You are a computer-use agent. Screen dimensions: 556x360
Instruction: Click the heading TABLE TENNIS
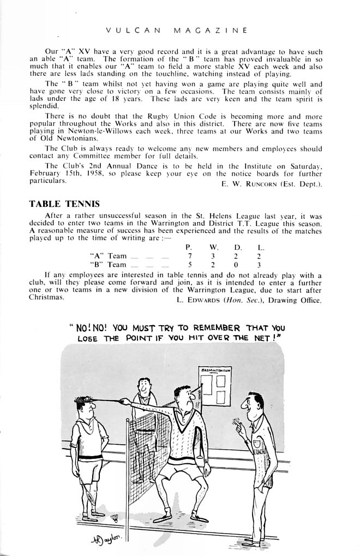64,204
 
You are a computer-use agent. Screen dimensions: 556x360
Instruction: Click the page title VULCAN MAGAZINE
176,30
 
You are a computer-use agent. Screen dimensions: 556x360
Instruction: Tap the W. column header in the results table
214,247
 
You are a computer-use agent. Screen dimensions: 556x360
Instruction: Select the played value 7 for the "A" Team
190,256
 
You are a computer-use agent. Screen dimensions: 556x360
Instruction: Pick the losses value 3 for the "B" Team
260,265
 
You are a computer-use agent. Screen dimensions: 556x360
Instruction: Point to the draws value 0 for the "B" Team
237,265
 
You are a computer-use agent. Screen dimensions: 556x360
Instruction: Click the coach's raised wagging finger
236,421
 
